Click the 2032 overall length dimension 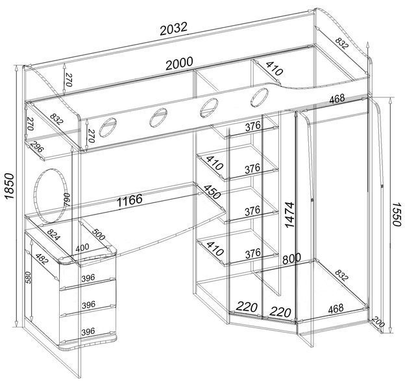173,29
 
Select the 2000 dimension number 179,63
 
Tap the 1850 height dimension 9,186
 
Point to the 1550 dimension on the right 397,214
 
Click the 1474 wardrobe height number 290,215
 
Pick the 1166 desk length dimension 130,200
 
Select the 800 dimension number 291,258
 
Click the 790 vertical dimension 66,199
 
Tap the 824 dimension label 54,234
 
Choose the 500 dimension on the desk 99,234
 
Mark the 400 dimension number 82,248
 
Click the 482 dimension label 42,259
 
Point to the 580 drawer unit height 29,277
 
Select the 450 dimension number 212,192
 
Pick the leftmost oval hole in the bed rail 108,127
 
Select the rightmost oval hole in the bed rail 260,97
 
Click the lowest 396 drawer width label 88,331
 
